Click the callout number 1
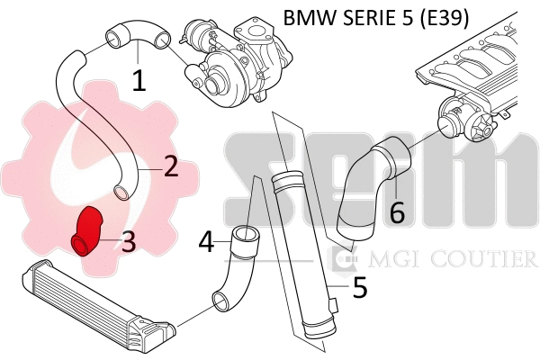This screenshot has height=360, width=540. (139, 81)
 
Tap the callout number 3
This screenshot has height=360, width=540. (129, 240)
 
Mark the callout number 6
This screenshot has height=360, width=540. (397, 212)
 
